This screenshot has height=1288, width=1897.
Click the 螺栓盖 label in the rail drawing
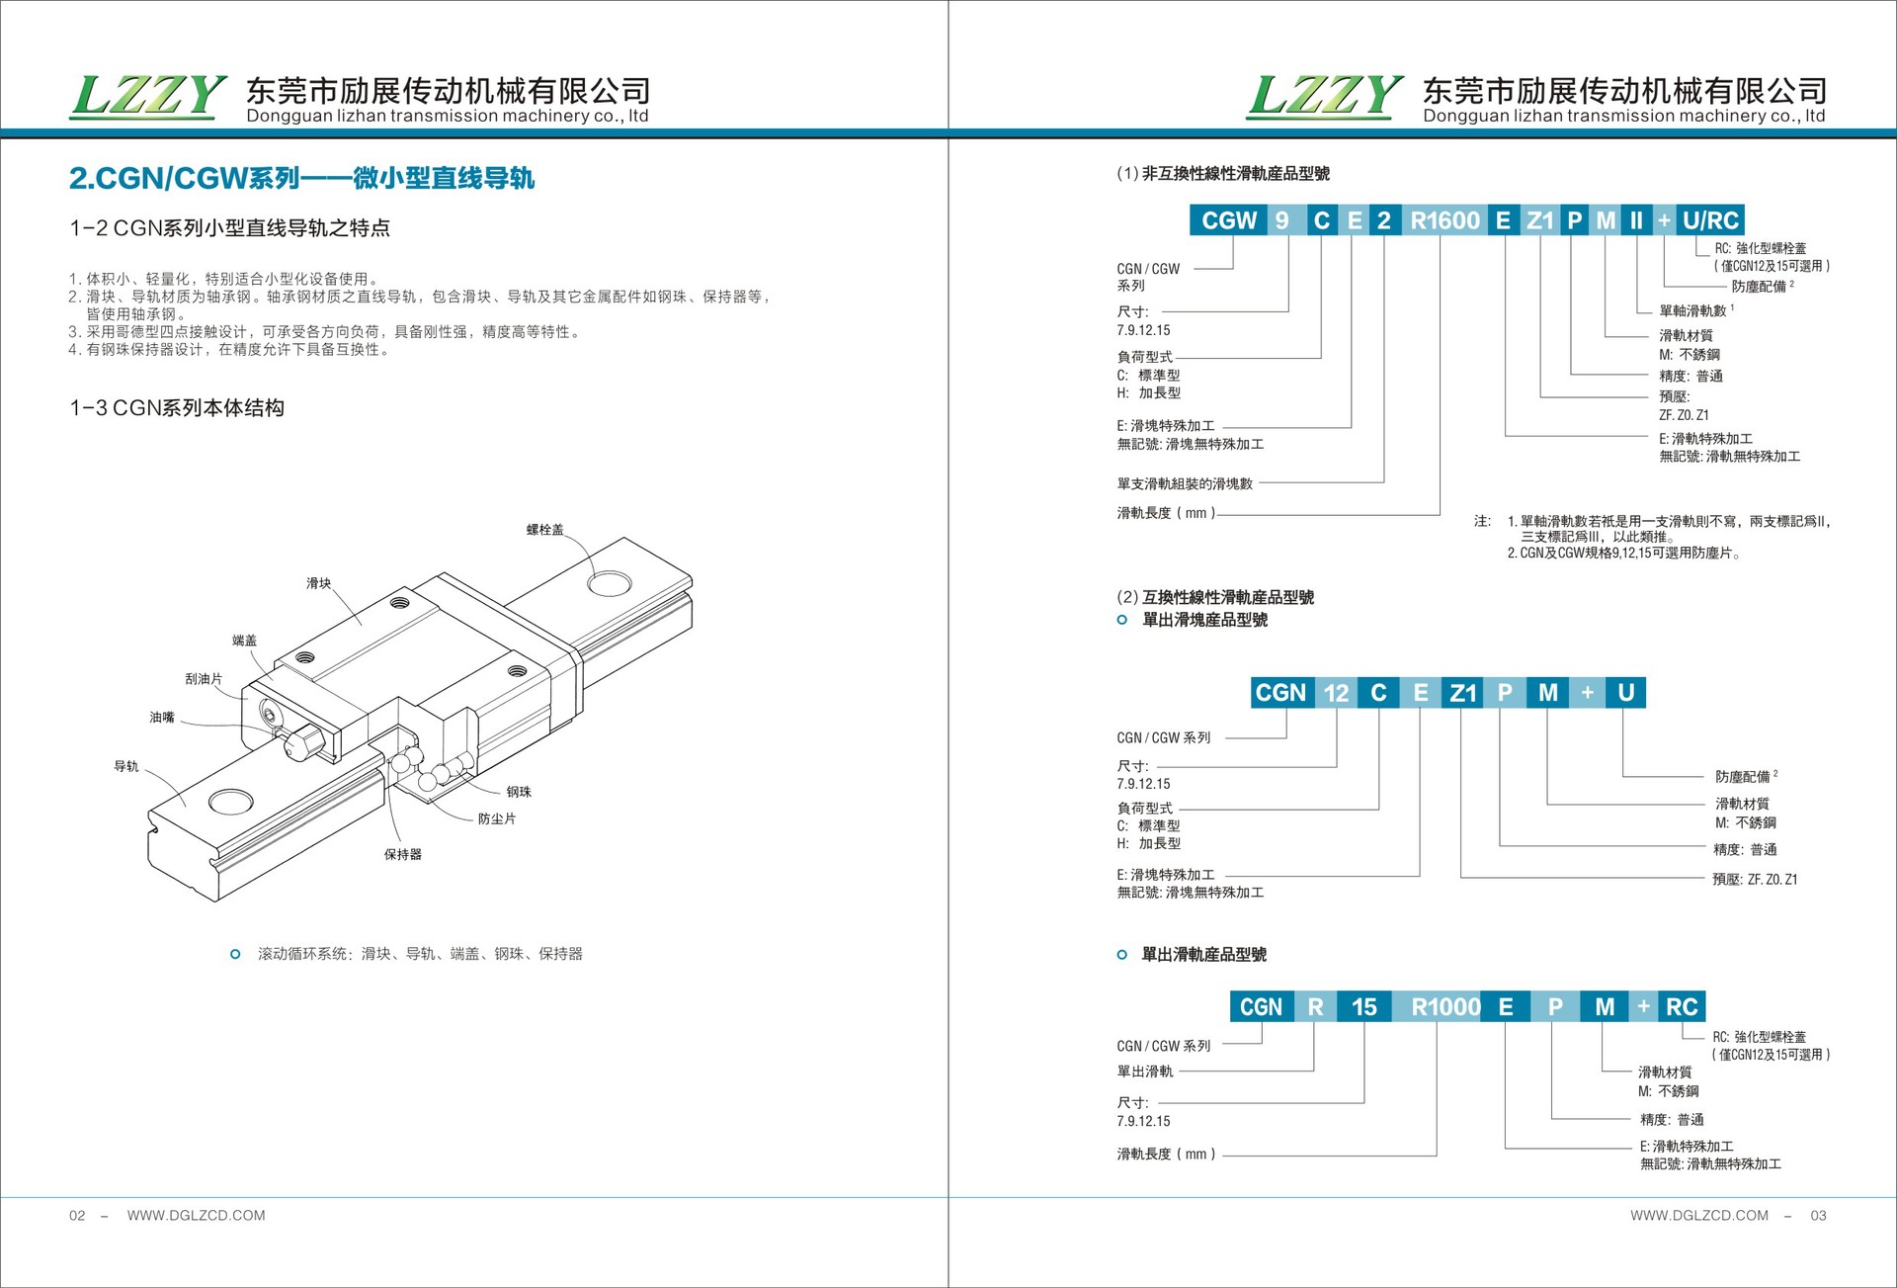point(544,530)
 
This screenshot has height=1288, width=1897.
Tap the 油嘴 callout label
point(162,718)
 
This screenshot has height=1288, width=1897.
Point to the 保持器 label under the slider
point(402,854)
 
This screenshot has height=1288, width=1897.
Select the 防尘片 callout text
point(496,818)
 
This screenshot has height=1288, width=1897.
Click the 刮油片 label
point(204,679)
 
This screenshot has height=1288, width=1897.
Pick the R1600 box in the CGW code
point(1444,220)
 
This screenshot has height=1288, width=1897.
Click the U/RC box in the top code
point(1710,220)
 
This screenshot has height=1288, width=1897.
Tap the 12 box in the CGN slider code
point(1336,693)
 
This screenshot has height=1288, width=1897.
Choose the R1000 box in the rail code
point(1445,1007)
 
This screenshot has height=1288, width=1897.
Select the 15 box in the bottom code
point(1363,1007)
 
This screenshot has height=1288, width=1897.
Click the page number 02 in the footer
point(77,1216)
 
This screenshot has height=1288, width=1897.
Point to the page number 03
point(1818,1216)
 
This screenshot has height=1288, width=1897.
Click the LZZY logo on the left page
point(148,97)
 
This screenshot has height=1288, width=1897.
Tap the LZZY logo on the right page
point(1324,97)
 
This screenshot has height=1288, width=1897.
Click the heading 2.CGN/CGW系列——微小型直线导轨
point(301,178)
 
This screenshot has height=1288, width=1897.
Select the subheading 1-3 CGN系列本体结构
point(177,408)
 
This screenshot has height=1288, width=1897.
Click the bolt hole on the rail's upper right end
point(609,583)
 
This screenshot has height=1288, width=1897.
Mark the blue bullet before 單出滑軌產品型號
point(1121,955)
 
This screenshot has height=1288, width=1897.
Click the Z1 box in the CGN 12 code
point(1463,693)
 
